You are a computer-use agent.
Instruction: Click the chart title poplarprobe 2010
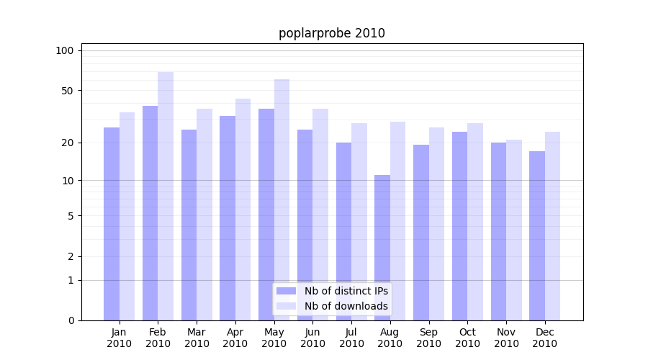331,33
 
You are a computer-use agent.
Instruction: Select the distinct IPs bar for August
382,248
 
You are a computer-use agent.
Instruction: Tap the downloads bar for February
166,196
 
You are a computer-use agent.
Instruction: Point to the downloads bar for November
514,230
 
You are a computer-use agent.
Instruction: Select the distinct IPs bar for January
112,224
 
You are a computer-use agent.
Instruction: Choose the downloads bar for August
398,221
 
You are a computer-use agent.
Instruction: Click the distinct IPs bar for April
228,218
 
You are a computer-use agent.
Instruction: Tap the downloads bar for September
436,224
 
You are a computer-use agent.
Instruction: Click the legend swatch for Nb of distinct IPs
286,291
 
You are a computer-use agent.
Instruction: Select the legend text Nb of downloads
346,306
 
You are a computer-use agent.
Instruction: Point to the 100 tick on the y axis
65,50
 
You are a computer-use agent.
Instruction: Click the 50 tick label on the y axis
67,91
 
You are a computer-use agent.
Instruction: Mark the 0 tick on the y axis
71,320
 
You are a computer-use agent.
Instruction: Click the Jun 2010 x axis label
312,338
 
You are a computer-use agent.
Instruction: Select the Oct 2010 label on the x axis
467,338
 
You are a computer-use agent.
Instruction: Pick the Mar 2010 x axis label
197,338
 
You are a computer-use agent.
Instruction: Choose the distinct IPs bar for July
343,231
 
